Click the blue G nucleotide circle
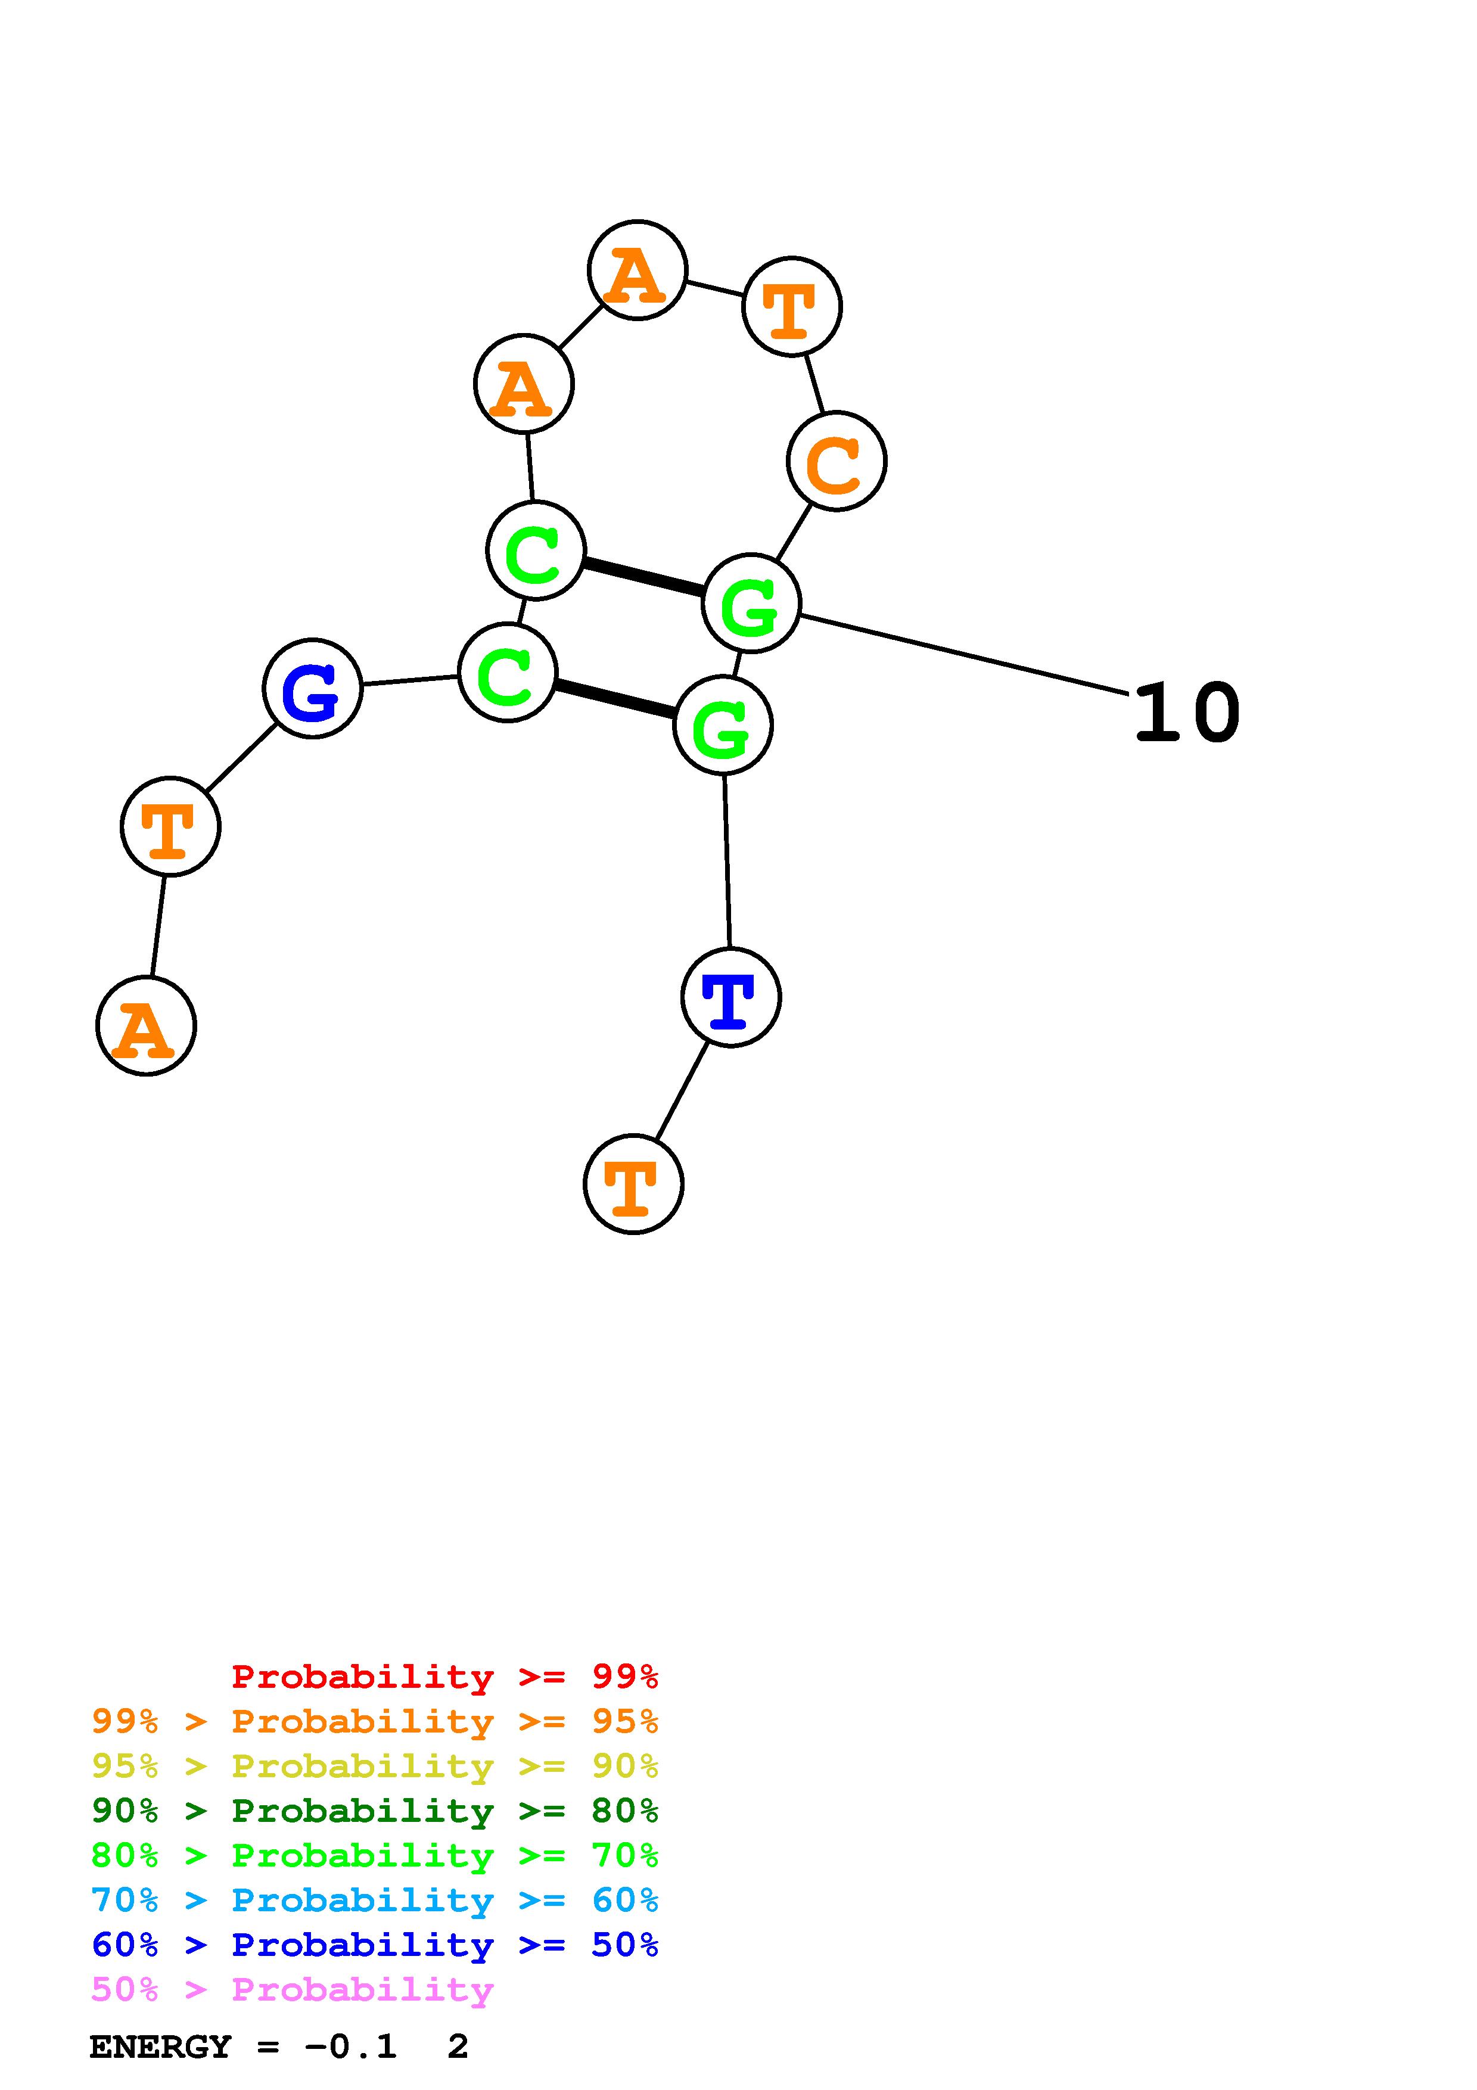pyautogui.click(x=312, y=688)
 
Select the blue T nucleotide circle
pyautogui.click(x=731, y=998)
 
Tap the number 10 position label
pyautogui.click(x=1187, y=713)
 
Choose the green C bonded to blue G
pyautogui.click(x=507, y=673)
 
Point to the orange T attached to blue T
pyautogui.click(x=633, y=1184)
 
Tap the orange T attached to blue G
pyautogui.click(x=170, y=826)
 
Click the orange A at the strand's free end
pyautogui.click(x=145, y=1026)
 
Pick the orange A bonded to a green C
pyautogui.click(x=523, y=384)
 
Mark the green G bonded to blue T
pyautogui.click(x=723, y=726)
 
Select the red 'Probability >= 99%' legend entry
pyautogui.click(x=444, y=1676)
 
